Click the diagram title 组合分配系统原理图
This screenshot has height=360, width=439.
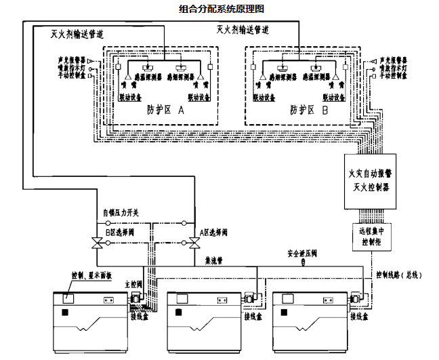point(221,9)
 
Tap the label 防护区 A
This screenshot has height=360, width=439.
point(162,109)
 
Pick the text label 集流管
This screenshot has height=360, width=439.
point(212,258)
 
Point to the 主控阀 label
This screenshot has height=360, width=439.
point(133,285)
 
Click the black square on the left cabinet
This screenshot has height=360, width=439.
point(66,313)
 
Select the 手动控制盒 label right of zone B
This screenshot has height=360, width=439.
point(393,76)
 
